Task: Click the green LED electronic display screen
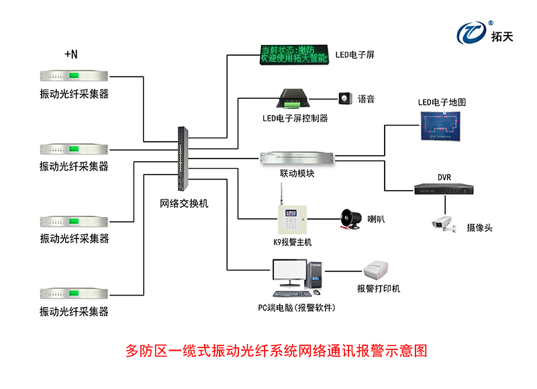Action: [293, 54]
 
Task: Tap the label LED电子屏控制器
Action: [295, 118]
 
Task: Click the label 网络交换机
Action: [184, 203]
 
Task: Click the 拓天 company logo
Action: [485, 32]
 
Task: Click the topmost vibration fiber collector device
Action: [74, 77]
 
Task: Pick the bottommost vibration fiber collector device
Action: [74, 293]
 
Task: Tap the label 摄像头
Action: [479, 228]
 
